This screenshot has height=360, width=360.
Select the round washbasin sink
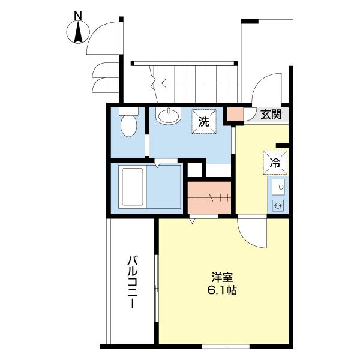[x=169, y=115]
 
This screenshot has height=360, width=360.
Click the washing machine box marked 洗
[x=205, y=121]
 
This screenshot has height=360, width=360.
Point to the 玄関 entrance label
[x=271, y=115]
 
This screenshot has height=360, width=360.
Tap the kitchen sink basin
[x=278, y=188]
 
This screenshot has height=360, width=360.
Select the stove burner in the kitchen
[x=278, y=205]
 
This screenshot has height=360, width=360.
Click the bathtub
[x=133, y=187]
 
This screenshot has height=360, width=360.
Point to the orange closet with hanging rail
[x=209, y=197]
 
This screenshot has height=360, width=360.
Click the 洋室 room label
[x=223, y=277]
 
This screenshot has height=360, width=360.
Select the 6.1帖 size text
[x=223, y=290]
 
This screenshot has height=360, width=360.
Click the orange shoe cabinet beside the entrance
[x=235, y=114]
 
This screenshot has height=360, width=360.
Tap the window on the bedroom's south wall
[x=226, y=346]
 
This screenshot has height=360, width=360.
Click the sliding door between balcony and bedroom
[x=155, y=282]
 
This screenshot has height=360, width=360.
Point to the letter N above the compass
[x=77, y=14]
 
